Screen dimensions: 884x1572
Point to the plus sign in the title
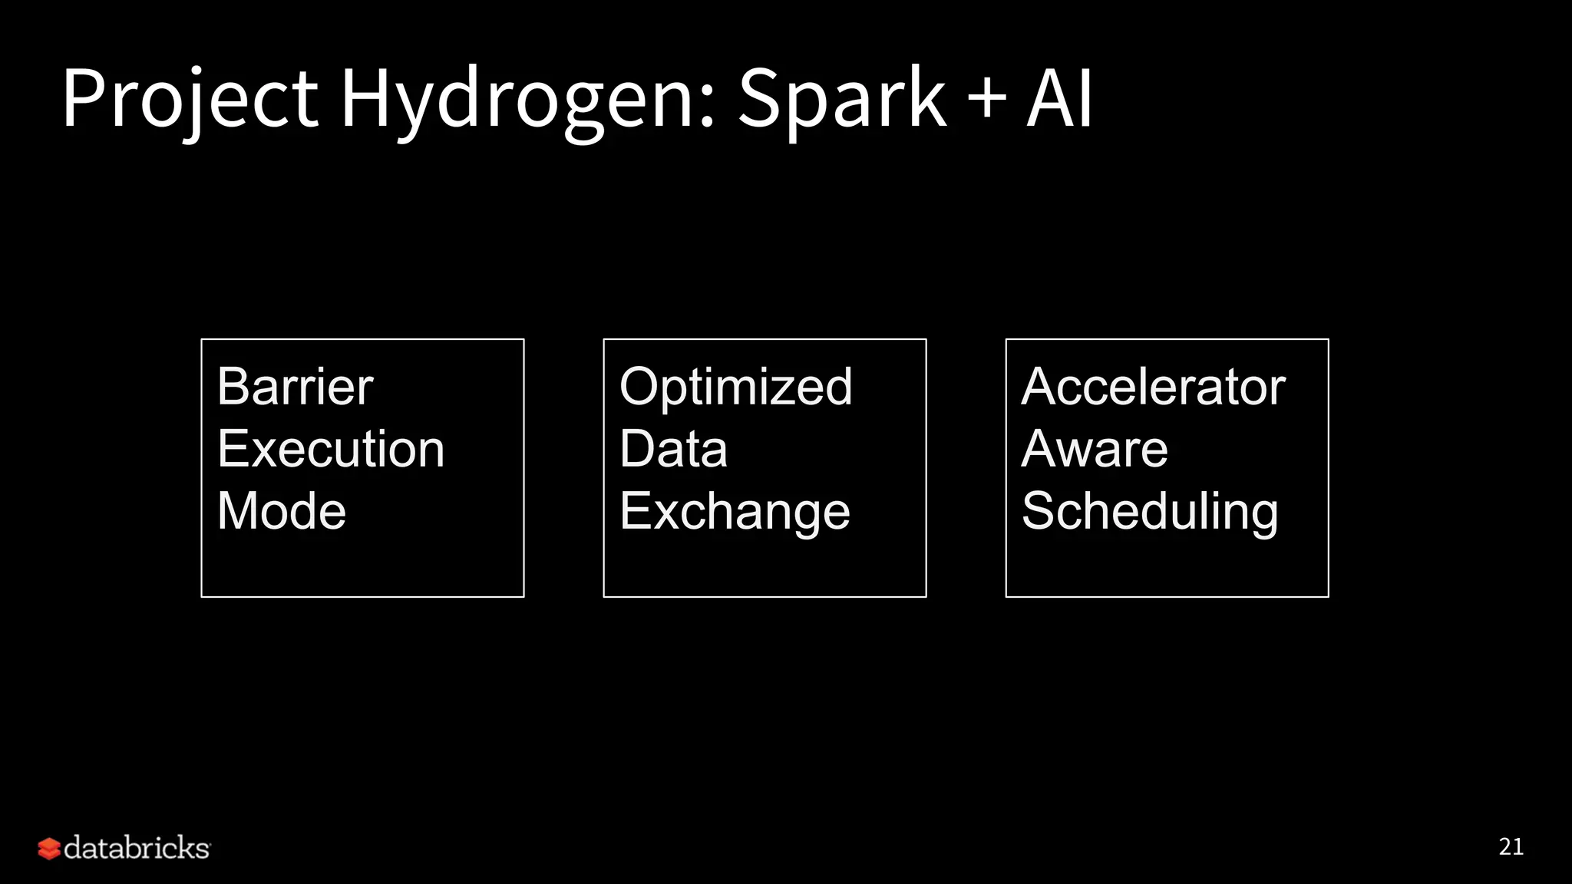pos(987,100)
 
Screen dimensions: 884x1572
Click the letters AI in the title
pos(1060,98)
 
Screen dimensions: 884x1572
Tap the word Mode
pos(282,511)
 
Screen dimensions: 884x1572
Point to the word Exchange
pos(735,512)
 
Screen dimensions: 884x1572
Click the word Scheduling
pos(1150,512)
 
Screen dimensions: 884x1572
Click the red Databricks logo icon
pos(49,849)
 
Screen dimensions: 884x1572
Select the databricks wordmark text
pos(137,848)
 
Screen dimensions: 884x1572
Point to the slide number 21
pos(1511,846)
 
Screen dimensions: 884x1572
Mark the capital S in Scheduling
pos(1038,512)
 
